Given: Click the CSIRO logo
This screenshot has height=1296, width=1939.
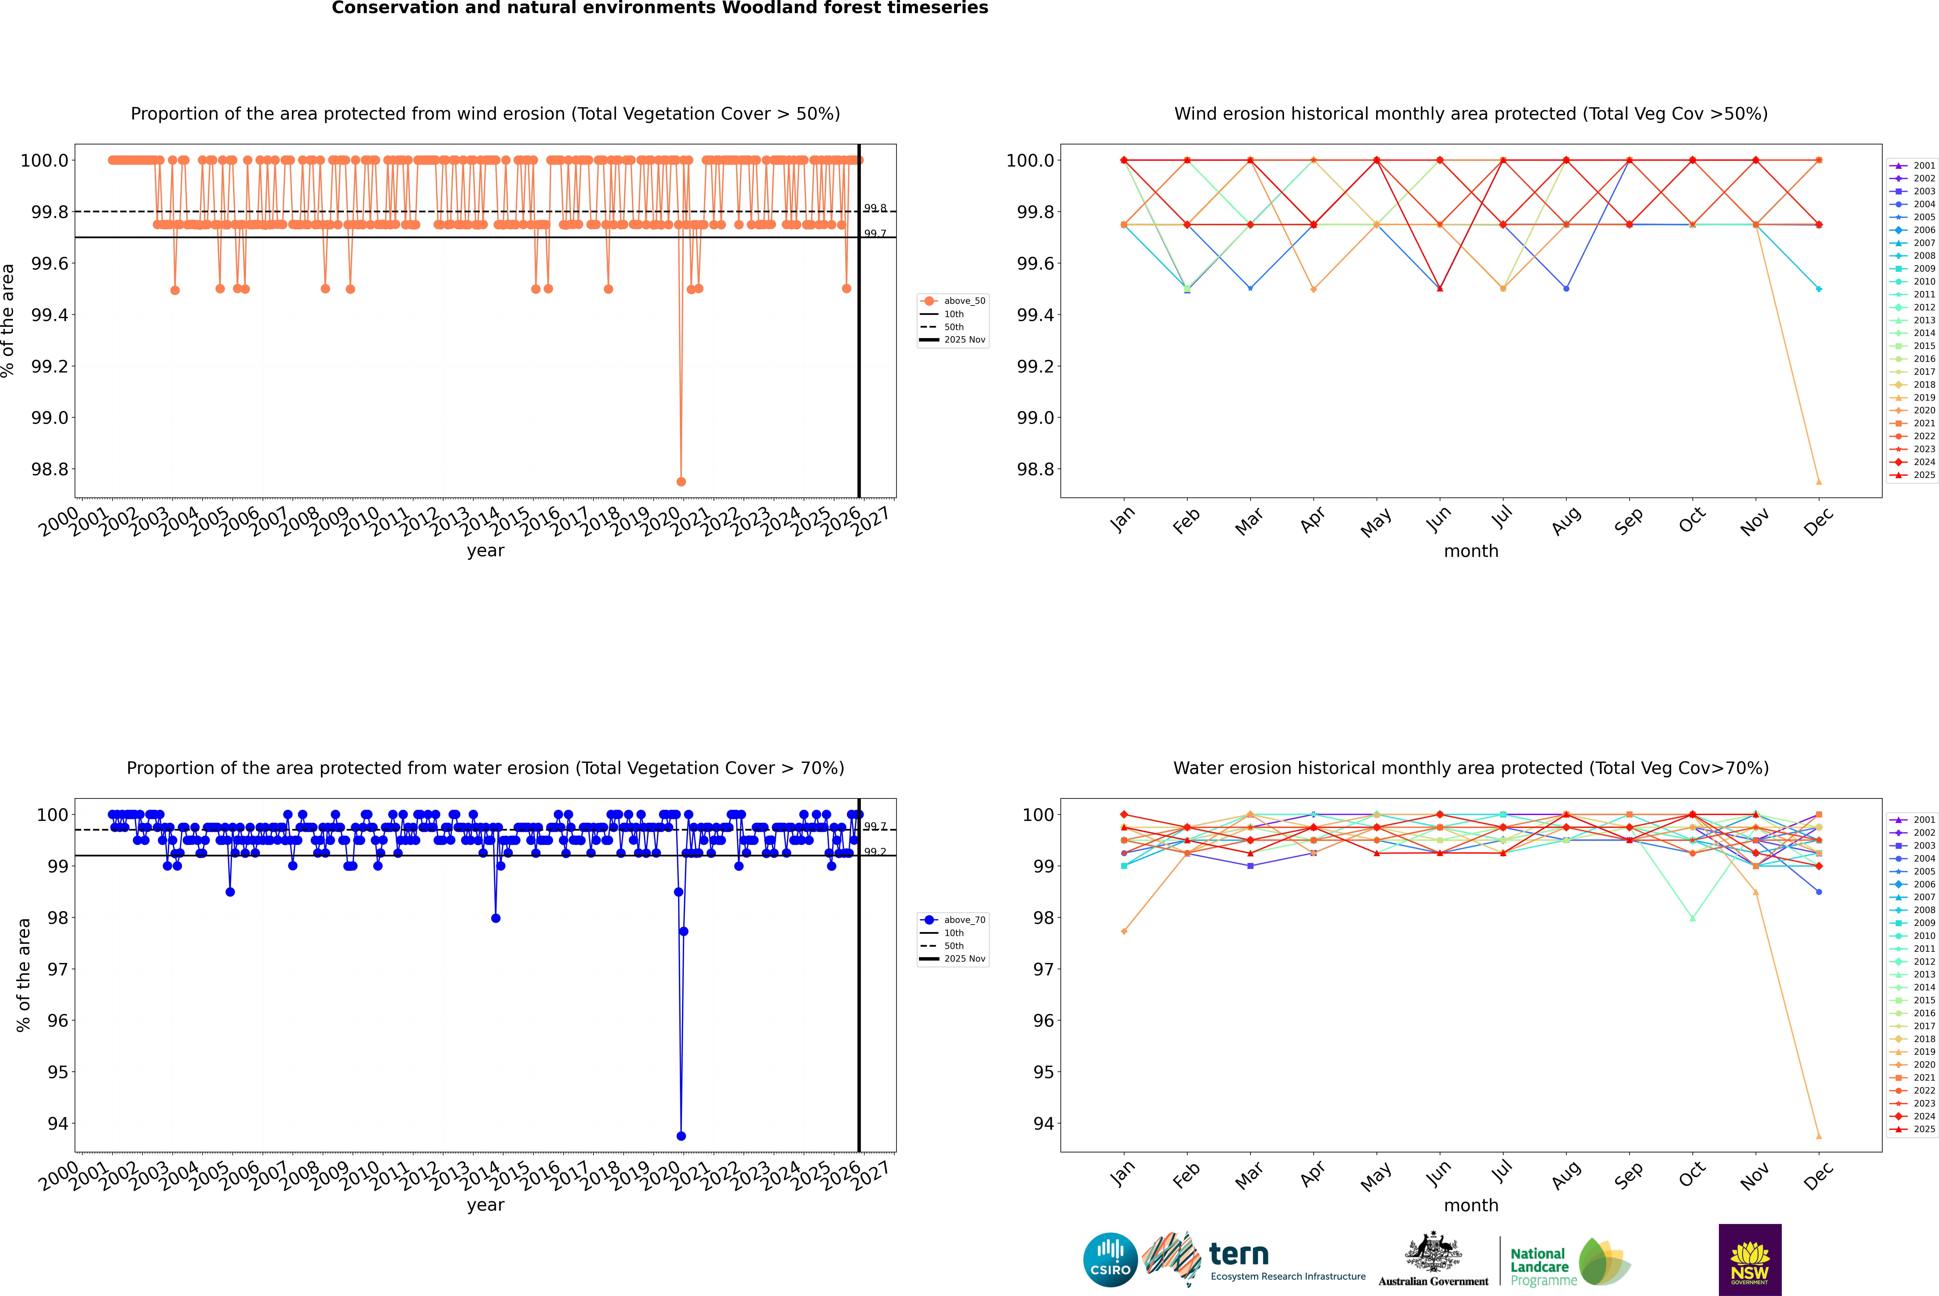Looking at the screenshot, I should [x=1110, y=1260].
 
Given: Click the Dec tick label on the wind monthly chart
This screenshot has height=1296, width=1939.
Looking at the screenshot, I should [x=1818, y=522].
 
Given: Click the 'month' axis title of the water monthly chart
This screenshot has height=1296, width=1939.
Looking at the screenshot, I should [x=1470, y=1205].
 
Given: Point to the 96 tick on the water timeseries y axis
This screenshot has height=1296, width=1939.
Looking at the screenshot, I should [x=58, y=1021].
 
